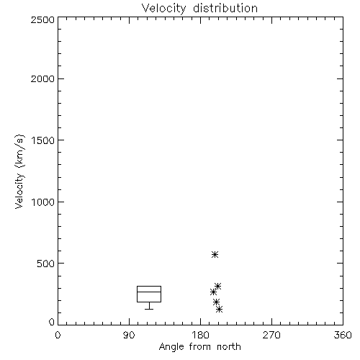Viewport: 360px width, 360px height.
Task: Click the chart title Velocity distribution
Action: click(199, 9)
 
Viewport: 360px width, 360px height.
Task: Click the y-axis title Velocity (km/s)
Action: click(19, 171)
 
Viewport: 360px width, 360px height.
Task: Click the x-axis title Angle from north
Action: click(199, 347)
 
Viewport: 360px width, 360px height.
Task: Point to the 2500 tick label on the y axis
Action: click(42, 19)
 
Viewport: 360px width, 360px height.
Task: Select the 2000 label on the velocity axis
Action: click(42, 78)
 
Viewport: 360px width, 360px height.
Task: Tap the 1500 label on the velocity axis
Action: click(43, 140)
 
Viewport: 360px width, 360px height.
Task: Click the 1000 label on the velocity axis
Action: click(43, 202)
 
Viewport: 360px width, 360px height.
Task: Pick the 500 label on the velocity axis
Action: click(46, 264)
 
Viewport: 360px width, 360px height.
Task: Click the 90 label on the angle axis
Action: click(129, 335)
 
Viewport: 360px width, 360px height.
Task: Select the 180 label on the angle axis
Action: click(200, 335)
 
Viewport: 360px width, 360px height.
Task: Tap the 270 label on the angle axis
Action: click(271, 335)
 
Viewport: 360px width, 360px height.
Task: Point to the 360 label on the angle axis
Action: click(343, 335)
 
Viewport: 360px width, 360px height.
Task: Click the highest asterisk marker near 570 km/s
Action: click(215, 254)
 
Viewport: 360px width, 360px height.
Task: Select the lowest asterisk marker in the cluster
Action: click(219, 309)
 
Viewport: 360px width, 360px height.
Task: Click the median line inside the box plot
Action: click(149, 292)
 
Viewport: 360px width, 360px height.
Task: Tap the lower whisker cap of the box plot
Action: click(149, 309)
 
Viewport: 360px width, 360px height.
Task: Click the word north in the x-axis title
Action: click(229, 347)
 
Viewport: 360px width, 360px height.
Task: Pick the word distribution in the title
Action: click(225, 9)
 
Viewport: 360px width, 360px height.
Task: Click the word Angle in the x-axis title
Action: click(171, 347)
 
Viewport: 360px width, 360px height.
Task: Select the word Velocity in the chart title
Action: click(163, 9)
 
